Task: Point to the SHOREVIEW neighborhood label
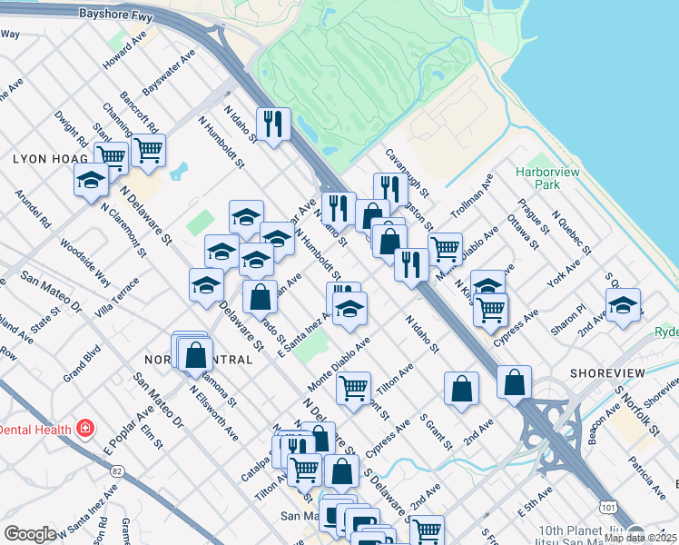point(607,373)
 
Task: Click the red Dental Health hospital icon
point(85,427)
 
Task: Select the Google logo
point(30,534)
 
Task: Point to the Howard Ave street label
point(124,54)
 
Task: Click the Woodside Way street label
point(85,263)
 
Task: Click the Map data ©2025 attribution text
point(640,538)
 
